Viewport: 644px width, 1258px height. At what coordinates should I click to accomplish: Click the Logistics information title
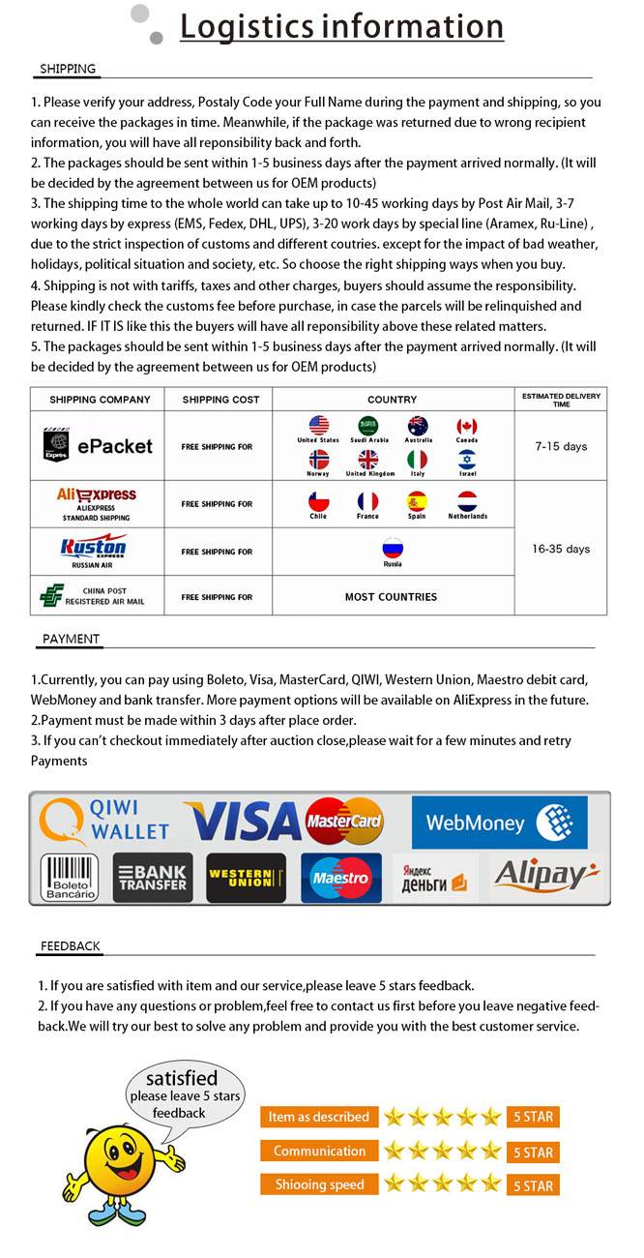[341, 26]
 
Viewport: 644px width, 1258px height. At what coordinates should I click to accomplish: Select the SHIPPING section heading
[68, 69]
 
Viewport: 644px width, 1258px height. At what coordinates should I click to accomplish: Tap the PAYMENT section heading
[71, 639]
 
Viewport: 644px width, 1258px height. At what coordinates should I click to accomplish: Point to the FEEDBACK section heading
[70, 945]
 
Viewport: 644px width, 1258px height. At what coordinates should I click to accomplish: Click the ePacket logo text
[115, 446]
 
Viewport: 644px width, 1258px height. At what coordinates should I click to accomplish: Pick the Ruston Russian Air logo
[93, 549]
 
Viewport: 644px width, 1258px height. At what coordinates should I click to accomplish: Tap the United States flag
[318, 426]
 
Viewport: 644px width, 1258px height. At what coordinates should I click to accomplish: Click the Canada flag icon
[467, 426]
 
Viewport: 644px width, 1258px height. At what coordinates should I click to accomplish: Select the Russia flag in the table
[393, 548]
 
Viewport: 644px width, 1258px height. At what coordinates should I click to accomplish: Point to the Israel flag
[467, 460]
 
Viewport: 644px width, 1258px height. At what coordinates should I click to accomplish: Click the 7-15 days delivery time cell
[561, 446]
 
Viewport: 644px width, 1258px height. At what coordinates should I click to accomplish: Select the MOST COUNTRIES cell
[391, 597]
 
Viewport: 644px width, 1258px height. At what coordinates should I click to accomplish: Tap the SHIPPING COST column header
[220, 399]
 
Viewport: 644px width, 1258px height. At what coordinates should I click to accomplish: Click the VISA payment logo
[243, 822]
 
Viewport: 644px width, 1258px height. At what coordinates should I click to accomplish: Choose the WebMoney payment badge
[499, 823]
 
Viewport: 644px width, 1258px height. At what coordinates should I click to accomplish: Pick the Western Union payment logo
[246, 877]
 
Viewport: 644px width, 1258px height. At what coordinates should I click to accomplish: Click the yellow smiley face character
[122, 1155]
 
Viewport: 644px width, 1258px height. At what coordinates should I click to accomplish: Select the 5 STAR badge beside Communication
[533, 1152]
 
